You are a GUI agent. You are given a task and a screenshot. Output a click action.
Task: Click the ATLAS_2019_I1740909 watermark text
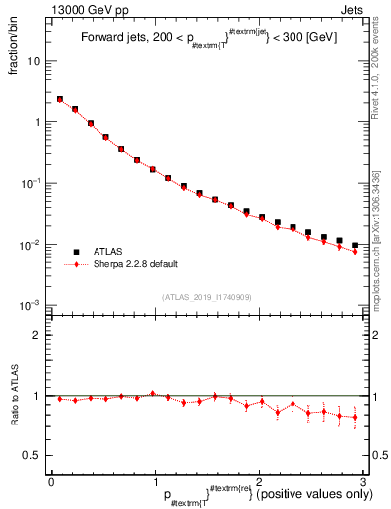206,297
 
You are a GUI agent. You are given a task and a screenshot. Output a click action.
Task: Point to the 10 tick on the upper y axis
34,61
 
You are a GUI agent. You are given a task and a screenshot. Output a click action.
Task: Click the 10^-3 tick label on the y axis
30,305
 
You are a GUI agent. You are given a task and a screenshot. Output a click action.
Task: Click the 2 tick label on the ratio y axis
36,335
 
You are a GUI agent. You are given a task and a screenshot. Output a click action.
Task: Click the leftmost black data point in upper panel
60,99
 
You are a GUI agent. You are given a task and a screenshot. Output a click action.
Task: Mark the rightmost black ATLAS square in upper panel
355,245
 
